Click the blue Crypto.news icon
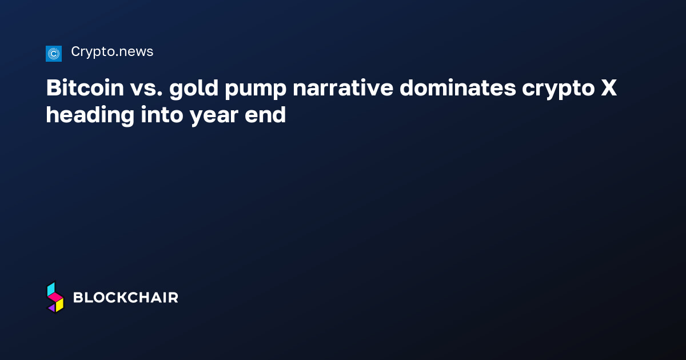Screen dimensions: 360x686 53,54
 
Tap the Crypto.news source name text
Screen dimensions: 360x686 112,52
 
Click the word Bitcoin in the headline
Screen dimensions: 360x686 85,89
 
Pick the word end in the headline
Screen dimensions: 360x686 266,115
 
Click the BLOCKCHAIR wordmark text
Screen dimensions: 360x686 126,298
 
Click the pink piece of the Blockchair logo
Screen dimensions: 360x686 55,298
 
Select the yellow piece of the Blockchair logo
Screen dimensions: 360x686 59,306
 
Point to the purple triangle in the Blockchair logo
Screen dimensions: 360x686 51,308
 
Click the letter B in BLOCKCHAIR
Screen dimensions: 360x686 78,298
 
